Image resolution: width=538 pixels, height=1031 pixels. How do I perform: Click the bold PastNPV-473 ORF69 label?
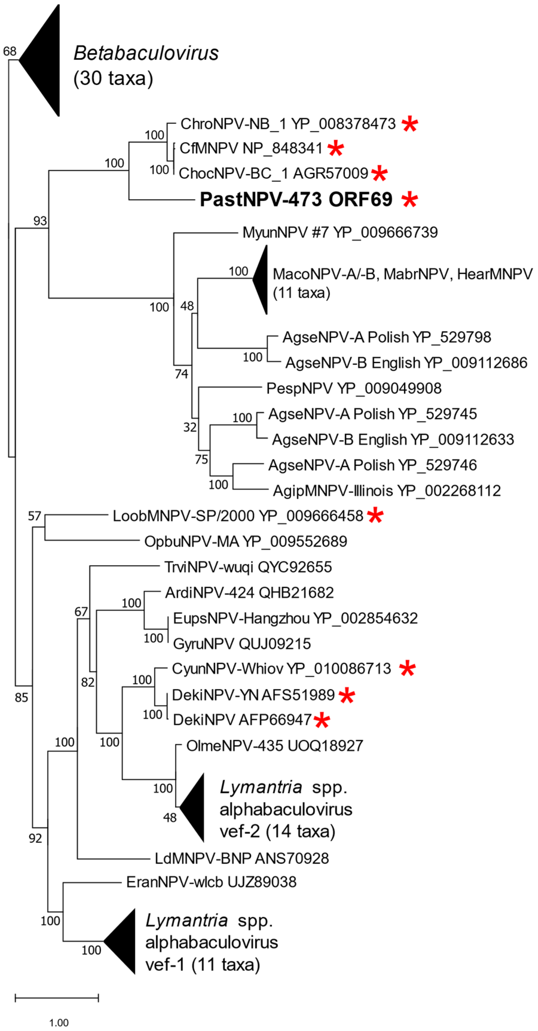pos(296,199)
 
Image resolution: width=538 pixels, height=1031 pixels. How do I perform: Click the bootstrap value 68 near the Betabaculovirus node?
pos(10,51)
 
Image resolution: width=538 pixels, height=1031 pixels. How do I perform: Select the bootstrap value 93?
pos(40,221)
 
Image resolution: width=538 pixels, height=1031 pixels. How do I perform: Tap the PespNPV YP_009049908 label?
pos(354,388)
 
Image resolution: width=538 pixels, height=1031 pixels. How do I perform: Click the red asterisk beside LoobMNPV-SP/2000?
pos(375,515)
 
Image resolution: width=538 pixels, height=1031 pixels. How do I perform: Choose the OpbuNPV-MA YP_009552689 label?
pos(246,542)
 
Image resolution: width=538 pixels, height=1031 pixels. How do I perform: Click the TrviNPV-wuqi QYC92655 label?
pos(248,567)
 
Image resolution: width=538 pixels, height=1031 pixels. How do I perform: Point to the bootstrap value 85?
pos(21,698)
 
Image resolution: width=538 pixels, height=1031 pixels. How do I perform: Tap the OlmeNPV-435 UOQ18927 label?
pos(274,746)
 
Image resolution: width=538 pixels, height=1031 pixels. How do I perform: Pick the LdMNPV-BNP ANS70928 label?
pos(242,858)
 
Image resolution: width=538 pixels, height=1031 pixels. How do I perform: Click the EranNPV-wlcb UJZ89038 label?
pos(211,882)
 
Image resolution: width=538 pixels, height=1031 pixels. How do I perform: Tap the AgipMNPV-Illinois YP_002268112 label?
pos(386,491)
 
